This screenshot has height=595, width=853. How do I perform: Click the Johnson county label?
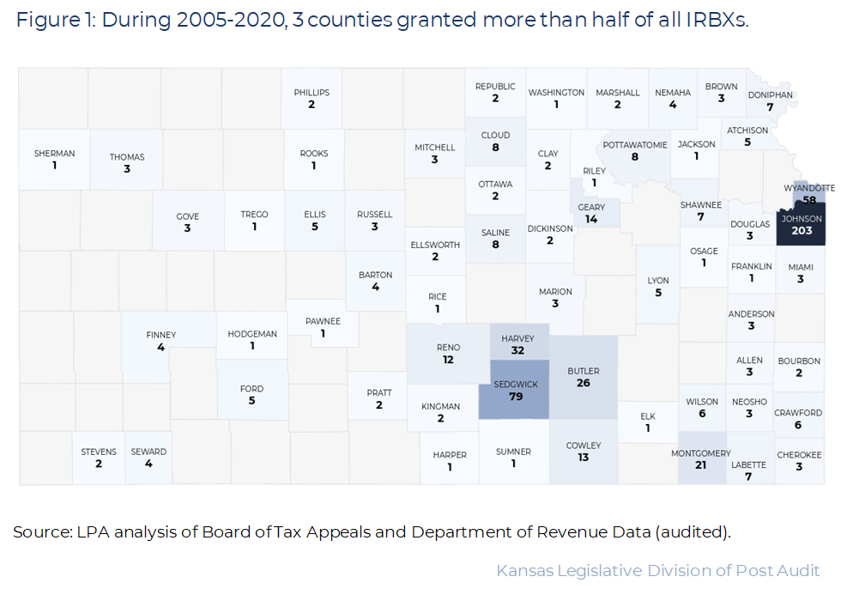tap(802, 218)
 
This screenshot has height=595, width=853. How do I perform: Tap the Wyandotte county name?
tap(809, 187)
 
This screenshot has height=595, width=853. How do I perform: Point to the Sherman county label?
tap(54, 154)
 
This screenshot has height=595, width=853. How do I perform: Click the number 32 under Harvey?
tap(517, 350)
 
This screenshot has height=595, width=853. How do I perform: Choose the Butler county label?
tap(584, 371)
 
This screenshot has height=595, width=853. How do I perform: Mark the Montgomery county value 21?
tap(700, 464)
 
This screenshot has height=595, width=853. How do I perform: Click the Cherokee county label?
tap(799, 454)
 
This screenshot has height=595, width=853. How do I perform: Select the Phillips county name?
tap(312, 93)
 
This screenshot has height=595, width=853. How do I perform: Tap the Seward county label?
tap(148, 452)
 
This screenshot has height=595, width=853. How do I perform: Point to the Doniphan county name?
tap(770, 95)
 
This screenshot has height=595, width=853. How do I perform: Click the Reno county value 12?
tap(448, 360)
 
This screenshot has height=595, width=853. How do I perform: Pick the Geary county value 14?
tap(591, 219)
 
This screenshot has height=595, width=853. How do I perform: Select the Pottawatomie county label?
tap(635, 145)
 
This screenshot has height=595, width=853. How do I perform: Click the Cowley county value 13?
tap(584, 458)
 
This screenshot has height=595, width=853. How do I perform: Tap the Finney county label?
tap(161, 335)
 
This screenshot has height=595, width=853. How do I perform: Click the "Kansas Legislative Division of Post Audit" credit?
tap(657, 570)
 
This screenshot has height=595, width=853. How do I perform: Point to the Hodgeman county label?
tap(252, 334)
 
